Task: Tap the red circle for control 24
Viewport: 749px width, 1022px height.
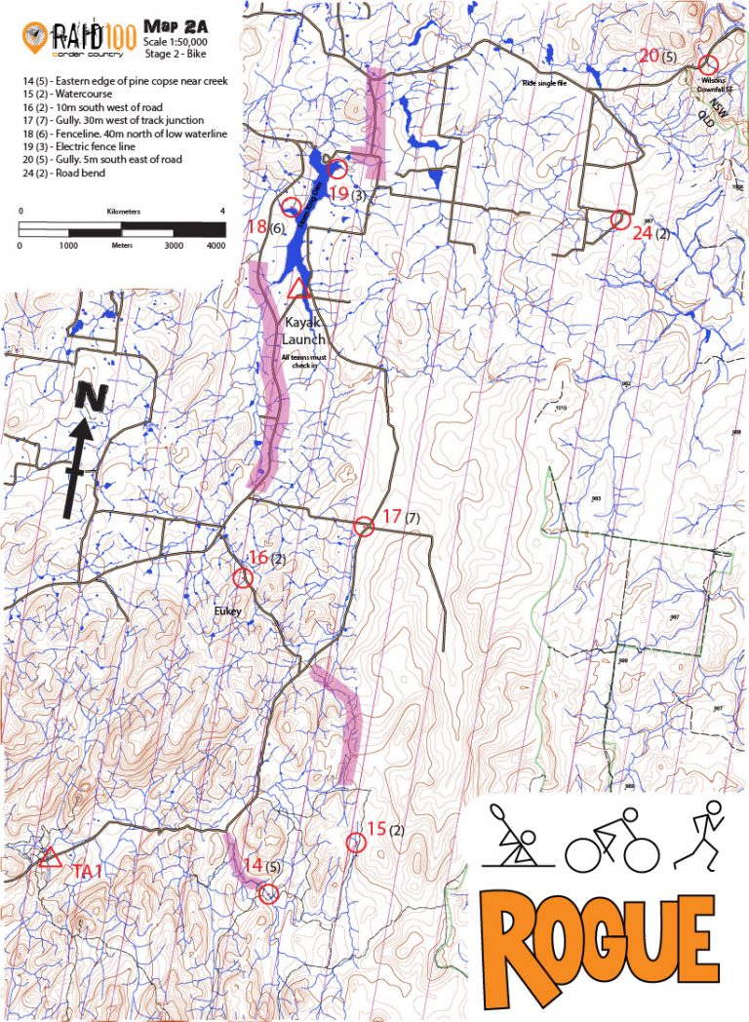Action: (x=618, y=219)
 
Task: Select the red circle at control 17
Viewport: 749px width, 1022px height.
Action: (x=364, y=527)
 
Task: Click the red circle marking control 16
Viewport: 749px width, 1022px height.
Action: (x=243, y=577)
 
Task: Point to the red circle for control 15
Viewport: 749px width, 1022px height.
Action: (x=355, y=843)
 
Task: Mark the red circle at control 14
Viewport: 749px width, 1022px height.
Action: (x=269, y=893)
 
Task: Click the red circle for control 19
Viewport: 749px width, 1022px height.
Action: (x=337, y=169)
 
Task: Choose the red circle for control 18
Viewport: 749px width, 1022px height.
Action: (x=291, y=207)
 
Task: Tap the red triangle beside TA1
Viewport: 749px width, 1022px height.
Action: (x=50, y=858)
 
